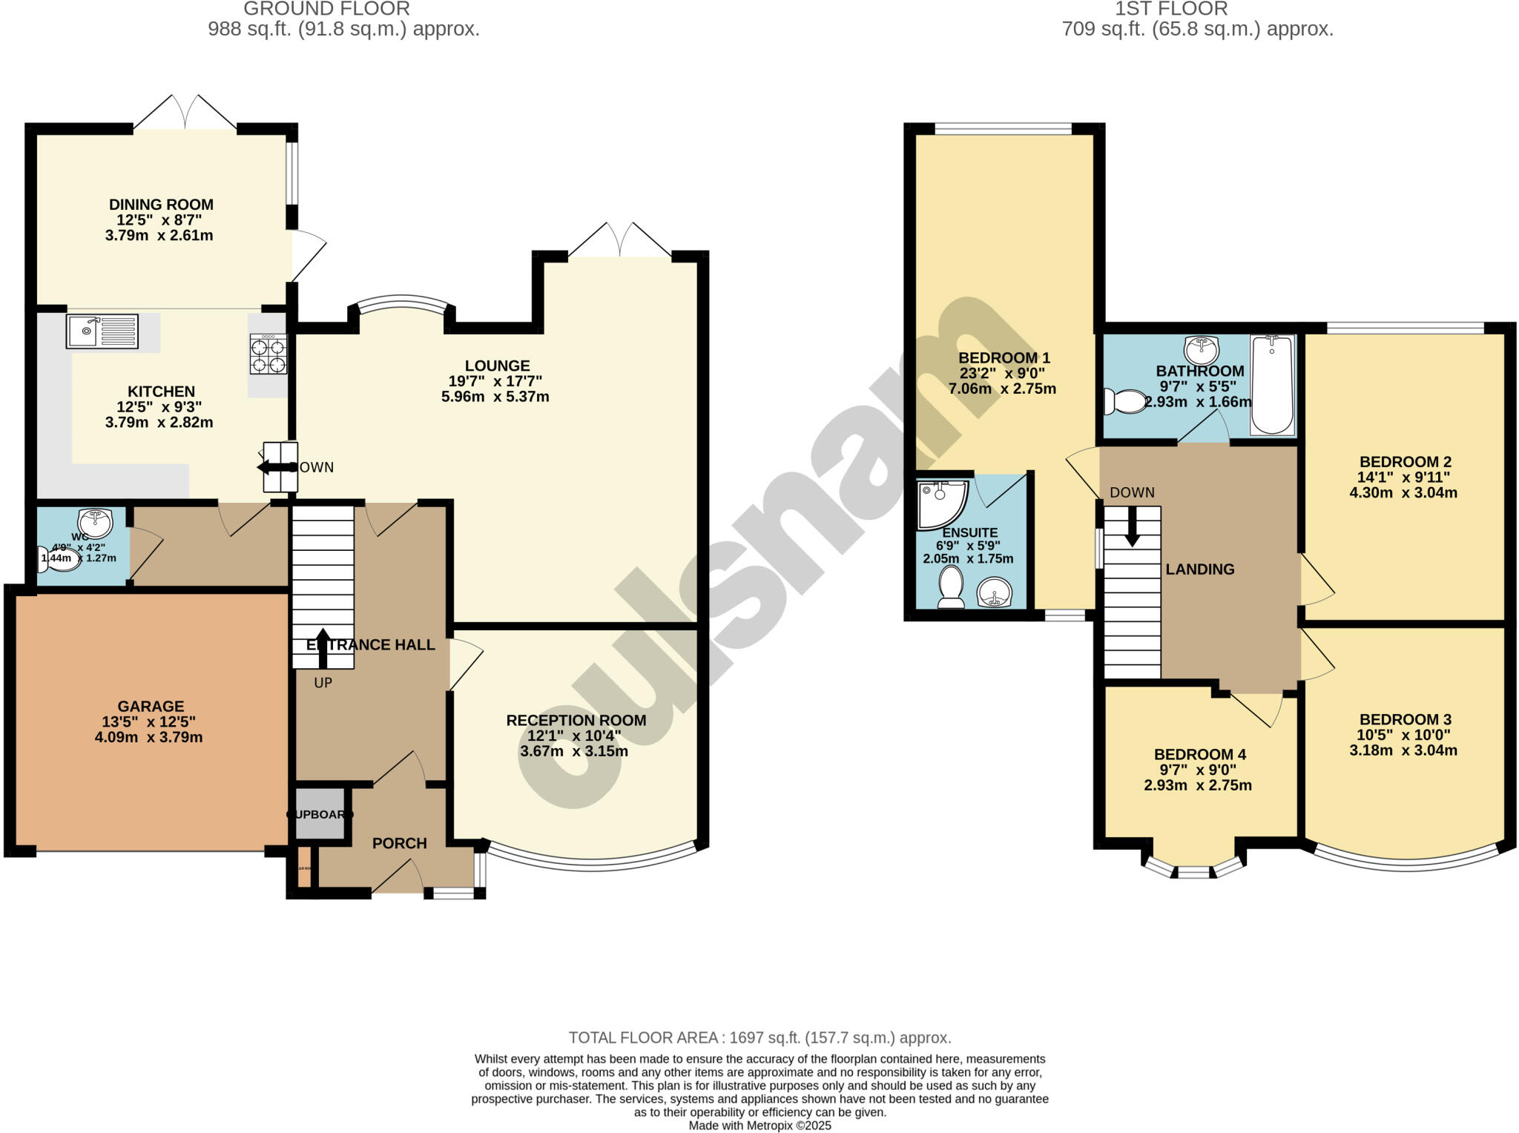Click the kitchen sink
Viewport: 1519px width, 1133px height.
coord(102,331)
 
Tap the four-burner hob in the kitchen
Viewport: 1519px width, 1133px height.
coord(268,354)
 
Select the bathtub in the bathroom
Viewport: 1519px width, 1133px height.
coord(1272,384)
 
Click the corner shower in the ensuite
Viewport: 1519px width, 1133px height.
coord(940,504)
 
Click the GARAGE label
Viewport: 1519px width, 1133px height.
coord(151,707)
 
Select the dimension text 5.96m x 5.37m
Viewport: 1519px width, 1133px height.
coord(495,397)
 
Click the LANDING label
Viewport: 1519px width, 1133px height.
coord(1199,569)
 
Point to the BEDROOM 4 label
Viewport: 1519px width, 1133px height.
coord(1199,755)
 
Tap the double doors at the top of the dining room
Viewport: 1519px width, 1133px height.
coord(185,115)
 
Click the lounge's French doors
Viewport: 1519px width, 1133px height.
coord(620,241)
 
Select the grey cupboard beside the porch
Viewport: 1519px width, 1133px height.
coord(320,814)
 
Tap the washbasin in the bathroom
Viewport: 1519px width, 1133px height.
coord(1202,349)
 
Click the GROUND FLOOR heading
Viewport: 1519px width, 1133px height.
coord(326,9)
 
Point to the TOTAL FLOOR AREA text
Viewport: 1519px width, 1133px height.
coord(759,1037)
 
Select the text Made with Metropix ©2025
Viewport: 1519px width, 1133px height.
coord(759,1126)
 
